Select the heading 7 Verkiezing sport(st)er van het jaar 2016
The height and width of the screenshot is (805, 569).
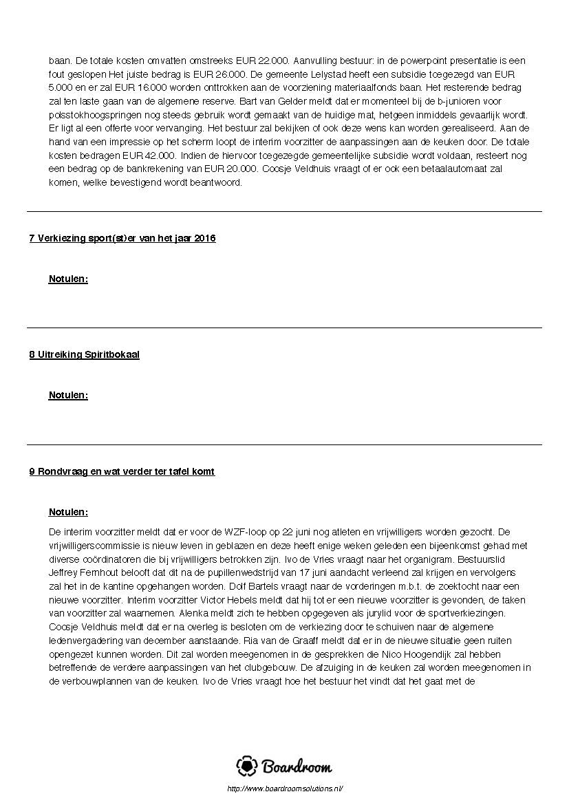[x=122, y=238]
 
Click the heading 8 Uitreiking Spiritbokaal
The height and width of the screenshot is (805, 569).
[x=84, y=355]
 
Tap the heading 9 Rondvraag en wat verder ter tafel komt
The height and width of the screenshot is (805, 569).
[x=122, y=471]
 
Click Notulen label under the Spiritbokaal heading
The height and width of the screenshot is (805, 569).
[x=68, y=396]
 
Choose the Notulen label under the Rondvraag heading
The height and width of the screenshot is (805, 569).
[x=68, y=513]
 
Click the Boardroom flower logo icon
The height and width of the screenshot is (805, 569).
[x=247, y=766]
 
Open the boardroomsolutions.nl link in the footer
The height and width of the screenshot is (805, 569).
[x=284, y=788]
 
